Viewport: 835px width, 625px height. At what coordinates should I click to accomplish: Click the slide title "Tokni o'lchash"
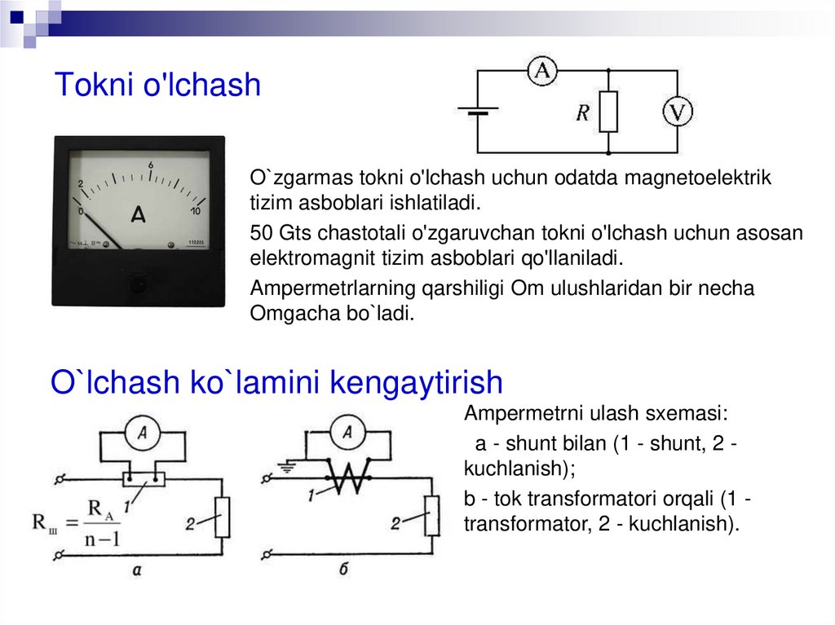coord(157,85)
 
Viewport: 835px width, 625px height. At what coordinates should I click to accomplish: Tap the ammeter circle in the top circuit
coord(542,72)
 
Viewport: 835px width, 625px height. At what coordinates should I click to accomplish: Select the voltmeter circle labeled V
coord(676,111)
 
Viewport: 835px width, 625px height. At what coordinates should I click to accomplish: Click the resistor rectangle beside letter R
coord(608,112)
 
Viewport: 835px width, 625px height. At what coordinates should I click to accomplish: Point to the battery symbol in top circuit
coord(477,111)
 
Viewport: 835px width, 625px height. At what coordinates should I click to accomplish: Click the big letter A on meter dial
coord(139,214)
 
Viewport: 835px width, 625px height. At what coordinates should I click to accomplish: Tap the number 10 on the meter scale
coord(196,211)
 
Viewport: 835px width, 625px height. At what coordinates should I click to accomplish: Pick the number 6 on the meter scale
coord(151,165)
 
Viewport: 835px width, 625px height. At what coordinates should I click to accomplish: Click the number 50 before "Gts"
coord(262,233)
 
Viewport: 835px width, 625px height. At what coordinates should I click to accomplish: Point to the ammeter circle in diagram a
coord(144,435)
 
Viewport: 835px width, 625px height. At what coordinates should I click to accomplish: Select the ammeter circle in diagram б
coord(347,434)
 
